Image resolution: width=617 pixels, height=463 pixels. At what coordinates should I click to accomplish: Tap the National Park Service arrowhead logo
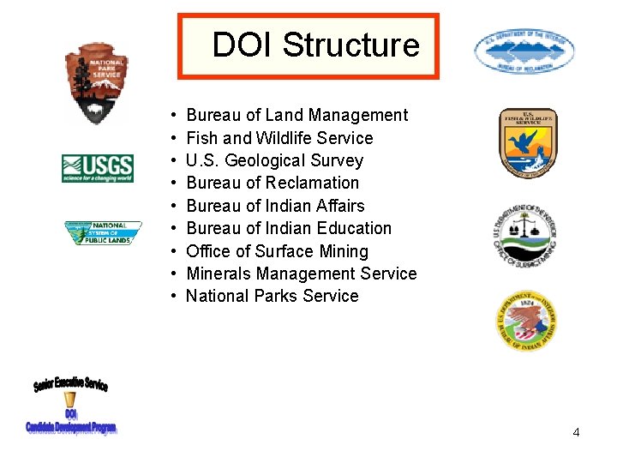click(96, 83)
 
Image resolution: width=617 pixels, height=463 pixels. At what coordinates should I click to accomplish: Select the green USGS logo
click(97, 167)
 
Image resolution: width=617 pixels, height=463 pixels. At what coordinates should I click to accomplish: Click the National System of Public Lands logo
click(103, 233)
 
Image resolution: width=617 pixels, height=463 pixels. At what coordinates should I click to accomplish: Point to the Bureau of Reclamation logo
click(524, 51)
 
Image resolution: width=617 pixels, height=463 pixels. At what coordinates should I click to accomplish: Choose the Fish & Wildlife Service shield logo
click(529, 143)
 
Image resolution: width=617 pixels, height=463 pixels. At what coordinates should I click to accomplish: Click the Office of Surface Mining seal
click(525, 234)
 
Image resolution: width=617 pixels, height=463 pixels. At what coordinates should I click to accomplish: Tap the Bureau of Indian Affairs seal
click(527, 320)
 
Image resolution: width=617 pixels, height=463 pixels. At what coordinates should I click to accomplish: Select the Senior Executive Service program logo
click(71, 406)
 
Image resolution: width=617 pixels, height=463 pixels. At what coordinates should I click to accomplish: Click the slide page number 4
click(576, 432)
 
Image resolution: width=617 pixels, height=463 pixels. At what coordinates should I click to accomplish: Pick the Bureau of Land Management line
click(297, 115)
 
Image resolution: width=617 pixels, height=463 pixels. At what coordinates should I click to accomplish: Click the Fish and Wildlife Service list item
click(279, 138)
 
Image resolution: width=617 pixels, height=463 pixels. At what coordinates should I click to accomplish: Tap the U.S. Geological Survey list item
click(274, 160)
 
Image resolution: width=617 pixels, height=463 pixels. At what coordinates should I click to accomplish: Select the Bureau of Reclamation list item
click(273, 183)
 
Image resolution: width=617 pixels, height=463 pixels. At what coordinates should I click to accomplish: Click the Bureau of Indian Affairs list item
click(275, 206)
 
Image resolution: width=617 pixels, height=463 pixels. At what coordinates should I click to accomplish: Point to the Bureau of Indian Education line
click(289, 228)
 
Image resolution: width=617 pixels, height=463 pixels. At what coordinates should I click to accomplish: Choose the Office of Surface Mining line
click(277, 251)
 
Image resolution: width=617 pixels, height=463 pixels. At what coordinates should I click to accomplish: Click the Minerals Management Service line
click(301, 274)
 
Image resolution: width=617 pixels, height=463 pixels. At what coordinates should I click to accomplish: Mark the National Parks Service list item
click(273, 296)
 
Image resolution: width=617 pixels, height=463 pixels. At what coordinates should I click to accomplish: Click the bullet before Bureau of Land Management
click(173, 115)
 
